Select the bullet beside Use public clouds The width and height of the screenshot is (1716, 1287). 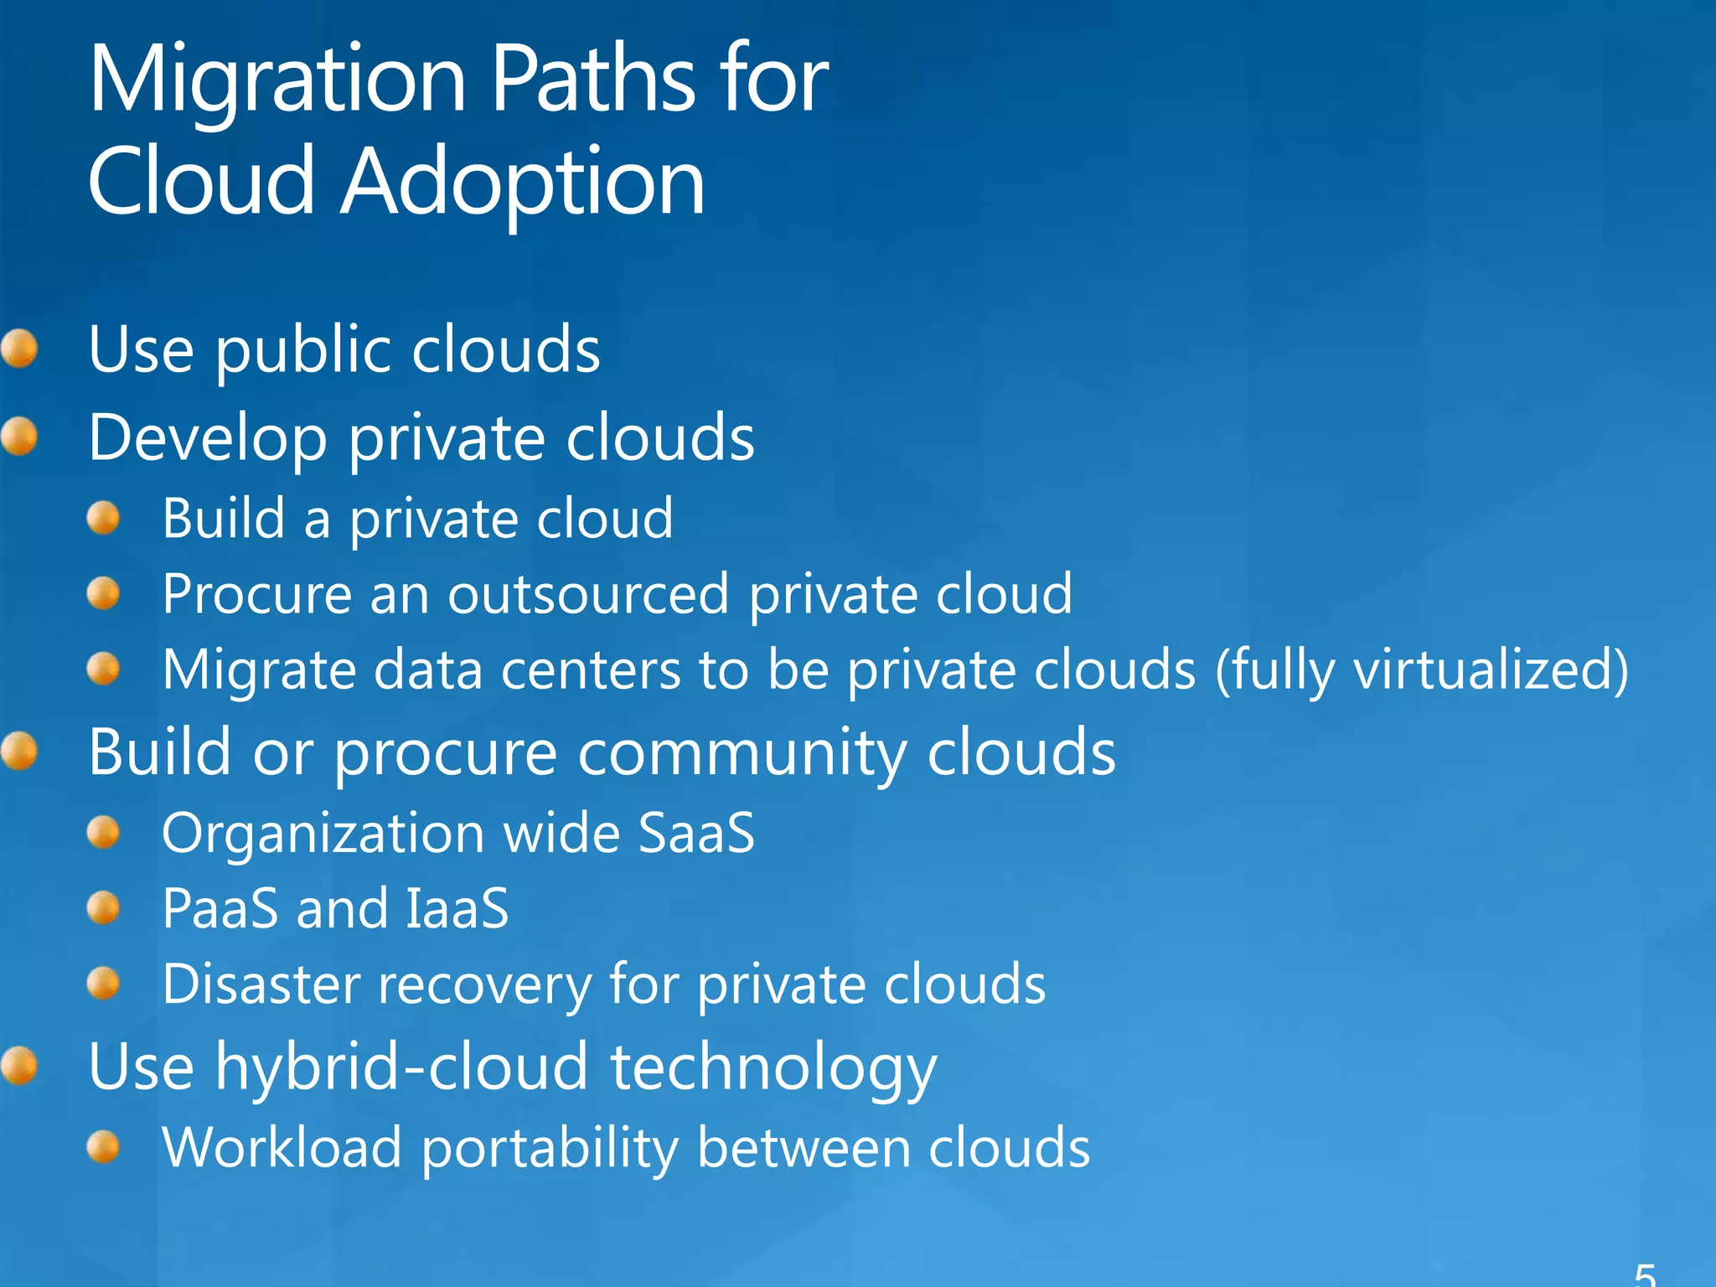[x=19, y=348]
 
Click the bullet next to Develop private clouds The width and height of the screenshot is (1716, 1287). [x=19, y=437]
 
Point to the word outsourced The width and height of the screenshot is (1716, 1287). [x=588, y=595]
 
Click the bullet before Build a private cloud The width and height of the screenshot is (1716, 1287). [x=103, y=518]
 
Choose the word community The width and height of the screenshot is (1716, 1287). [x=742, y=753]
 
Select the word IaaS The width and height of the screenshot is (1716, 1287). [x=457, y=908]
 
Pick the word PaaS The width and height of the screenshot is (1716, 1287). [x=220, y=908]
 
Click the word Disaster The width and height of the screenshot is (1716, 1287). [x=261, y=985]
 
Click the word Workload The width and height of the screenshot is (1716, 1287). [x=282, y=1147]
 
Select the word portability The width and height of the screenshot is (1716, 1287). [x=549, y=1149]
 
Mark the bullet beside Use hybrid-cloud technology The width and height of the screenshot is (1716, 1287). [x=19, y=1066]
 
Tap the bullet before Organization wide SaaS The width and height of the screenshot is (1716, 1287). [x=103, y=833]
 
